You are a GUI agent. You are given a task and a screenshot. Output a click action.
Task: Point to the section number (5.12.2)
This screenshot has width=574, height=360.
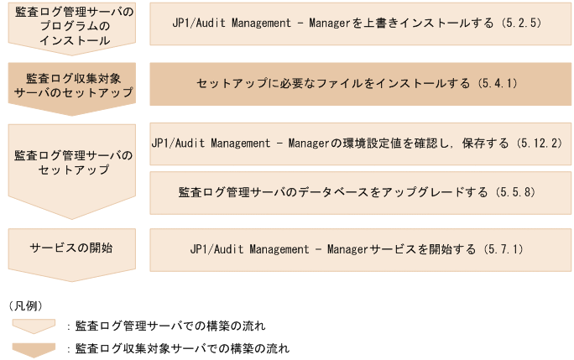coord(538,143)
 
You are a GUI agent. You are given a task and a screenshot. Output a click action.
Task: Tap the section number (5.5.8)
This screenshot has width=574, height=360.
coord(516,192)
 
